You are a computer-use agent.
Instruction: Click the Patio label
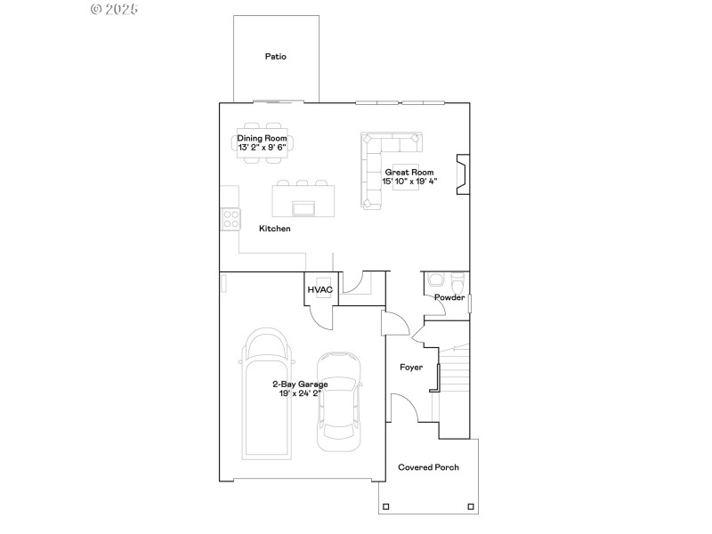coord(276,56)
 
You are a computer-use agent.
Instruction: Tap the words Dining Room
coord(263,138)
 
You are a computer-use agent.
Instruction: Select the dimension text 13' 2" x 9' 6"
coord(263,148)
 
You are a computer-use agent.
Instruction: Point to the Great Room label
coord(409,172)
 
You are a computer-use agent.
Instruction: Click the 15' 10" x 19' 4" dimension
coord(409,182)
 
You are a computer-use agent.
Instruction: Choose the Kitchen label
coord(275,229)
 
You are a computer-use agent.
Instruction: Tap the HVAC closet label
coord(320,290)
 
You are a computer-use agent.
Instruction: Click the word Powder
coord(449,297)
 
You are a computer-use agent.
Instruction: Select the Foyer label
coord(411,367)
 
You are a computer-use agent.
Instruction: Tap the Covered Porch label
coord(428,467)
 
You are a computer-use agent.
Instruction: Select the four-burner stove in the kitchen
coord(230,217)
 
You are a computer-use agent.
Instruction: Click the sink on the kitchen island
coord(303,208)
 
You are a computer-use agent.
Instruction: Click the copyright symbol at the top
coord(97,9)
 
